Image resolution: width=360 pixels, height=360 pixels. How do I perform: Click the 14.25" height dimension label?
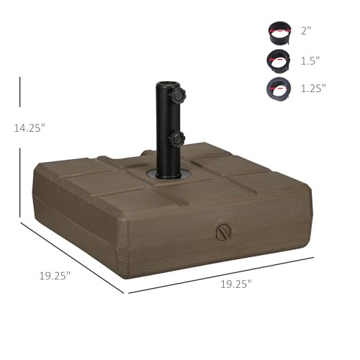coord(30,127)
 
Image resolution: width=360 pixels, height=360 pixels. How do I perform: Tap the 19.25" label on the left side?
coord(55,276)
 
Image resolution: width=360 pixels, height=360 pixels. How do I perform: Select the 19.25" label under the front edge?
coord(236,284)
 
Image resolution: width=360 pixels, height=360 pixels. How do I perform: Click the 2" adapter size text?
coord(306,31)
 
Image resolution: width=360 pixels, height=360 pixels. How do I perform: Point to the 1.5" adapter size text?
coord(310,60)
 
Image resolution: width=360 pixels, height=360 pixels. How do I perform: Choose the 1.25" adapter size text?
coord(313,88)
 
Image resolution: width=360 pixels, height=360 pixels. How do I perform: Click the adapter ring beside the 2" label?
coord(280,33)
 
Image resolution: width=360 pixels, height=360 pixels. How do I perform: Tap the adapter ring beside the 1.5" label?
coord(279,61)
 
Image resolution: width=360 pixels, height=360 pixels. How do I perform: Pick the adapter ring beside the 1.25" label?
coord(279,89)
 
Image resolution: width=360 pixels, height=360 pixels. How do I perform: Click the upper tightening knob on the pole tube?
coord(178,95)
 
